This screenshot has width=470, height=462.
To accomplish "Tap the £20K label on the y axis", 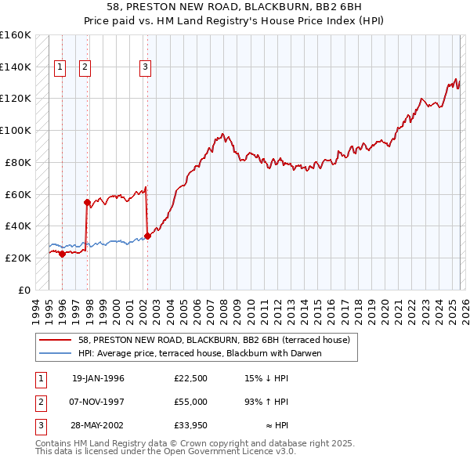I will [19, 258].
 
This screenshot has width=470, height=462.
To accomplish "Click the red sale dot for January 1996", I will [62, 254].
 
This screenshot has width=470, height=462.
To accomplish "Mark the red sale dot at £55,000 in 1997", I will [87, 202].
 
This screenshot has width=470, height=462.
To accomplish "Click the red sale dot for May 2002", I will [147, 236].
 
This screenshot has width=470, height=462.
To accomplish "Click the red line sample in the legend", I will [56, 341].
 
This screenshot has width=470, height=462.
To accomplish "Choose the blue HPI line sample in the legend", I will [56, 353].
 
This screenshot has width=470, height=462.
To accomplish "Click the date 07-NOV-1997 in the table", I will [98, 402].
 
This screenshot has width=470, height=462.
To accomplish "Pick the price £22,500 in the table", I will [191, 378].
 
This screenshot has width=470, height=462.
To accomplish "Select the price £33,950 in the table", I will [191, 425].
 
